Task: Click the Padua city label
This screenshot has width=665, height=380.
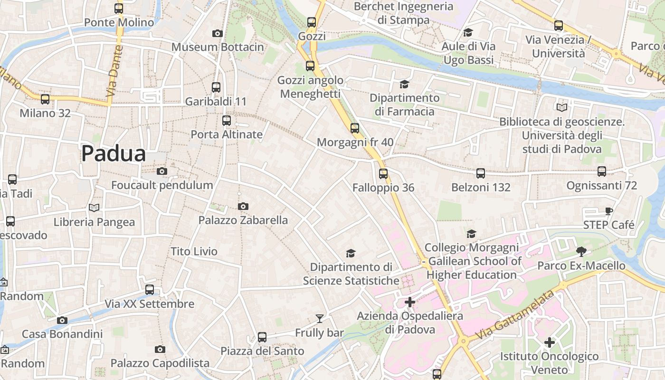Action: [113, 153]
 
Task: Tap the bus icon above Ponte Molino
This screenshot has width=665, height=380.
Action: [119, 8]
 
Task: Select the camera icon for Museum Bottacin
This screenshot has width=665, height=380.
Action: [218, 33]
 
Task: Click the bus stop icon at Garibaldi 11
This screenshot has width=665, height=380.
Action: [216, 87]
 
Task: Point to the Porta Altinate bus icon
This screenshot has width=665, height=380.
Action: [227, 120]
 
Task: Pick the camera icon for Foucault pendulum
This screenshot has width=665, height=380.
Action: [162, 171]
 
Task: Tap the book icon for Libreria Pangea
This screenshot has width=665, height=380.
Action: [94, 208]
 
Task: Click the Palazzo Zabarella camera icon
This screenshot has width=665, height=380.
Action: [243, 206]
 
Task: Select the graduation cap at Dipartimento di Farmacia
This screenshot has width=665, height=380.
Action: [404, 84]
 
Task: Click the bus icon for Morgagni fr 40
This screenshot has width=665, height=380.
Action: [355, 128]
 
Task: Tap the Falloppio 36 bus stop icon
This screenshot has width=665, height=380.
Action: [383, 173]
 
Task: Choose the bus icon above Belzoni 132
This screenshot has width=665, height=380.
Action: [481, 173]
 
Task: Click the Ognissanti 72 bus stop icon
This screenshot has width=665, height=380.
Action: [602, 171]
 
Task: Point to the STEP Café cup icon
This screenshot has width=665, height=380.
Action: [609, 211]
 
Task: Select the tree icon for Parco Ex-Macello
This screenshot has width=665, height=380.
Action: [581, 251]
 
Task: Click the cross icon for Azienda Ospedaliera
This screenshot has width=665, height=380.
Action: [410, 302]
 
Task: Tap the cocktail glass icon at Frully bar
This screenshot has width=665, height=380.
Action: [319, 319]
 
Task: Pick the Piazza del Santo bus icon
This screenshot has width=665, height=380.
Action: [262, 337]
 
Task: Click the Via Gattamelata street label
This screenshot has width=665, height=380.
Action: [516, 314]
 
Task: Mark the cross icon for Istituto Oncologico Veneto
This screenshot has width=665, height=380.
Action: [550, 342]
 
